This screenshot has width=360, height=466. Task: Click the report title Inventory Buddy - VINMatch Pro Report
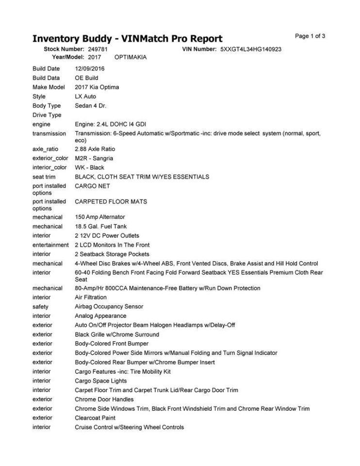pyautogui.click(x=127, y=39)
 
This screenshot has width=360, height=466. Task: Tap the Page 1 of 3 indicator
pyautogui.click(x=310, y=36)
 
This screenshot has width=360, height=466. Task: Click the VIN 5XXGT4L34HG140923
pyautogui.click(x=251, y=50)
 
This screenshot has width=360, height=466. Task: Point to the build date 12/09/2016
pyautogui.click(x=90, y=69)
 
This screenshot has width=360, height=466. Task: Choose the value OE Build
pyautogui.click(x=86, y=78)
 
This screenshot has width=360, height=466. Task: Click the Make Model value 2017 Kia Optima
pyautogui.click(x=97, y=87)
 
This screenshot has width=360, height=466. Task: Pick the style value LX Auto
pyautogui.click(x=85, y=97)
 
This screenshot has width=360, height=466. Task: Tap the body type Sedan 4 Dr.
pyautogui.click(x=91, y=106)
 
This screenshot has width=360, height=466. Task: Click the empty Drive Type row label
pyautogui.click(x=47, y=115)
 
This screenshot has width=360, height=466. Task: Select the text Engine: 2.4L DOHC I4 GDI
pyautogui.click(x=108, y=125)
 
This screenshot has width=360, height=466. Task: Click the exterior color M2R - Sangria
pyautogui.click(x=94, y=158)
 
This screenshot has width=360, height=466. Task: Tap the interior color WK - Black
pyautogui.click(x=89, y=167)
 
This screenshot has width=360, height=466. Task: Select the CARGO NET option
pyautogui.click(x=92, y=186)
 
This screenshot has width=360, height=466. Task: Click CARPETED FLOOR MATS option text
pyautogui.click(x=111, y=201)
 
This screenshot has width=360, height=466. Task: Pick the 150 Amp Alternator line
pyautogui.click(x=100, y=217)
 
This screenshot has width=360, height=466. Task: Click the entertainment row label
pyautogui.click(x=50, y=245)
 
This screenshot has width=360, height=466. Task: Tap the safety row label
pyautogui.click(x=40, y=307)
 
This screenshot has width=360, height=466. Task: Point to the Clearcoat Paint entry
pyautogui.click(x=95, y=418)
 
